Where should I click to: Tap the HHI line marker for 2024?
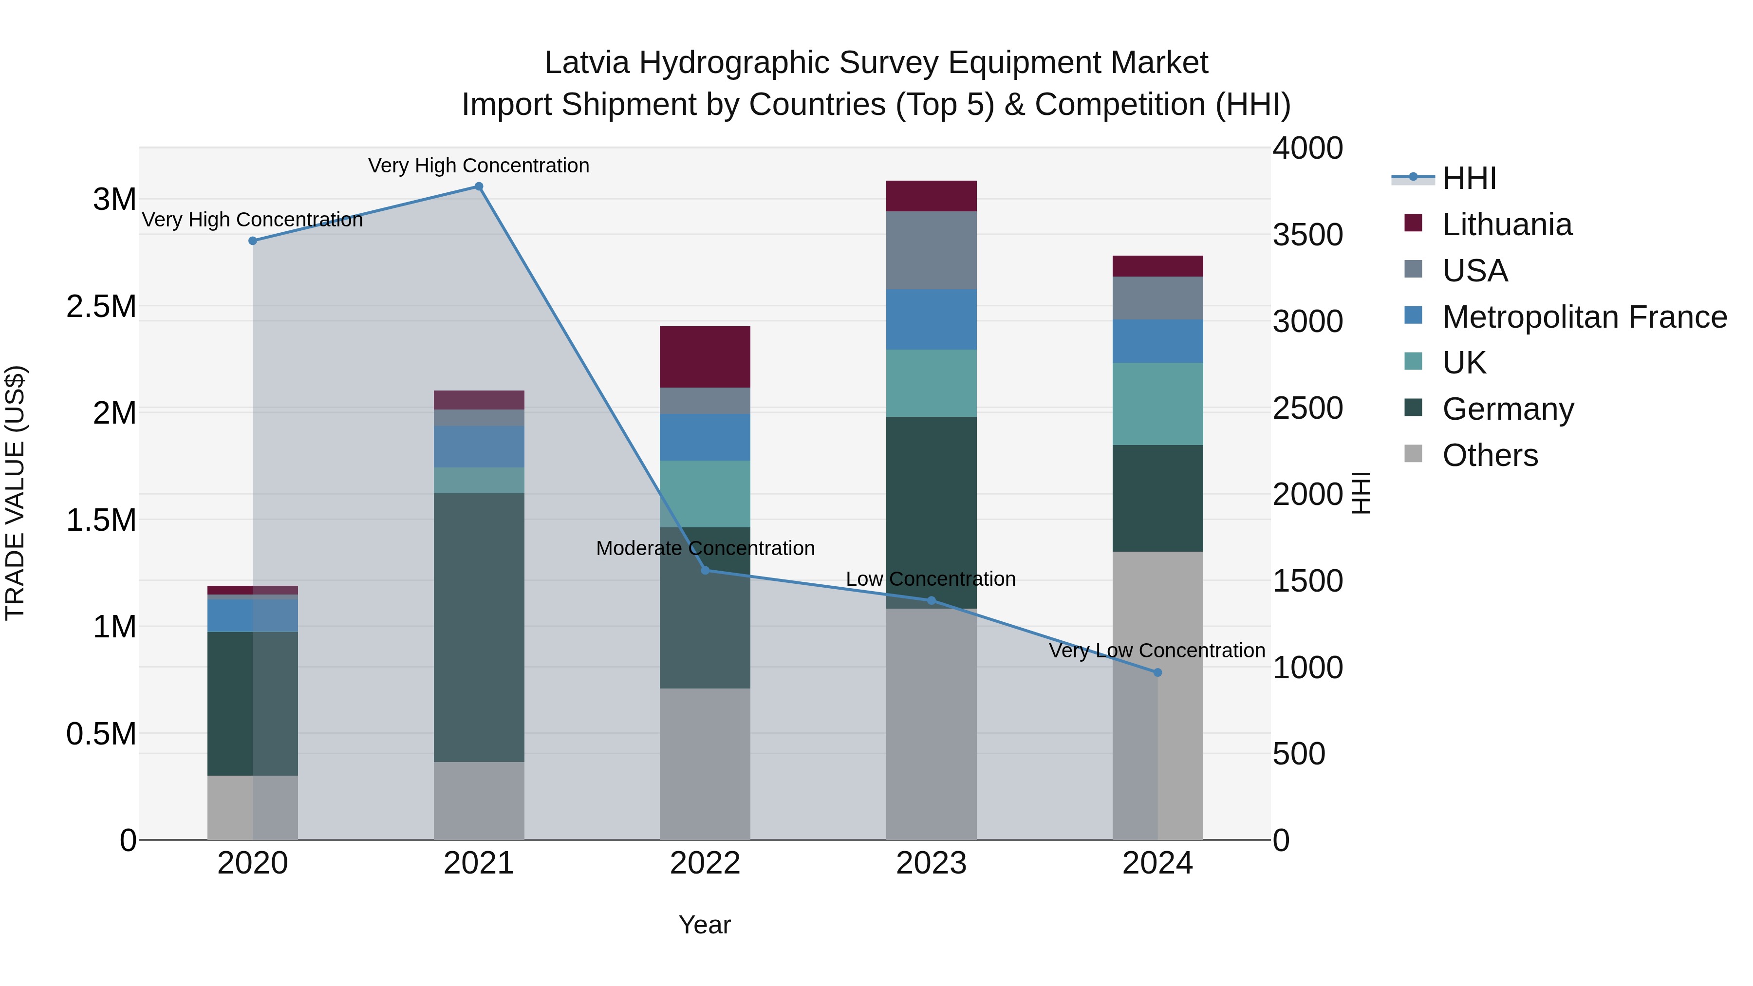1157,672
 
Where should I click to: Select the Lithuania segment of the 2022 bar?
705,356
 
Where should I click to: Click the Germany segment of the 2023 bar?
931,512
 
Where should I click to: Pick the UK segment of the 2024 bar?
1157,404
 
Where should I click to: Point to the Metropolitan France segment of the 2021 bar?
479,446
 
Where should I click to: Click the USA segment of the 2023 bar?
931,250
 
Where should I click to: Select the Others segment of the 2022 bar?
705,763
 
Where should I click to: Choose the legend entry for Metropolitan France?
1584,317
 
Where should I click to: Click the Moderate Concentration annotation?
705,548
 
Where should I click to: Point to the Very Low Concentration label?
1157,651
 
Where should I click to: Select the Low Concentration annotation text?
930,579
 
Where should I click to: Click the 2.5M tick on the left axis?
101,307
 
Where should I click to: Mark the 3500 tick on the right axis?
1307,236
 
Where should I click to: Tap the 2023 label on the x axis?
931,863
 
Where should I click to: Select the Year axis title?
704,925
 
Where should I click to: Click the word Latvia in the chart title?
587,63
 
